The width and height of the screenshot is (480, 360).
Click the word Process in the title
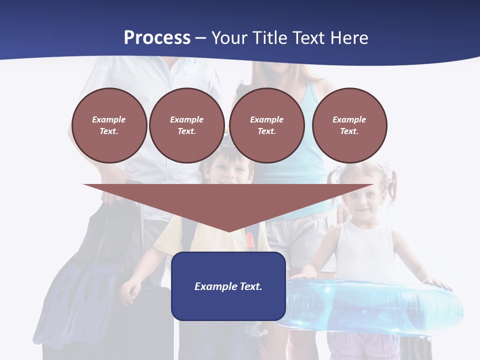(157, 38)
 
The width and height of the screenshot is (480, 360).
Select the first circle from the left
(109, 125)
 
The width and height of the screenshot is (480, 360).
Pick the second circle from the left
(186, 125)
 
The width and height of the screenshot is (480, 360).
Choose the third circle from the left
(266, 125)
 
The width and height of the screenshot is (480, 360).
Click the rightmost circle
(349, 125)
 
